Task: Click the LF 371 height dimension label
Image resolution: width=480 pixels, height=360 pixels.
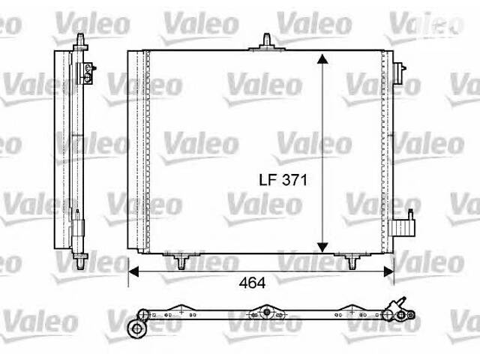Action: tap(280, 181)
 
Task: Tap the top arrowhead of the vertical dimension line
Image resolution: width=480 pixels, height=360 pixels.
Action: tap(322, 59)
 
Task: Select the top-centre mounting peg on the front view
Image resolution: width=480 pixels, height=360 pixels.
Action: tap(266, 40)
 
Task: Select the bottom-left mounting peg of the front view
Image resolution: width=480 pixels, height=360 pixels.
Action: tap(181, 261)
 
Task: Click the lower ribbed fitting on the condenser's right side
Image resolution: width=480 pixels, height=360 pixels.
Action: tap(409, 223)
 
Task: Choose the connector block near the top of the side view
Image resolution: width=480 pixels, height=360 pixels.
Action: tap(88, 70)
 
